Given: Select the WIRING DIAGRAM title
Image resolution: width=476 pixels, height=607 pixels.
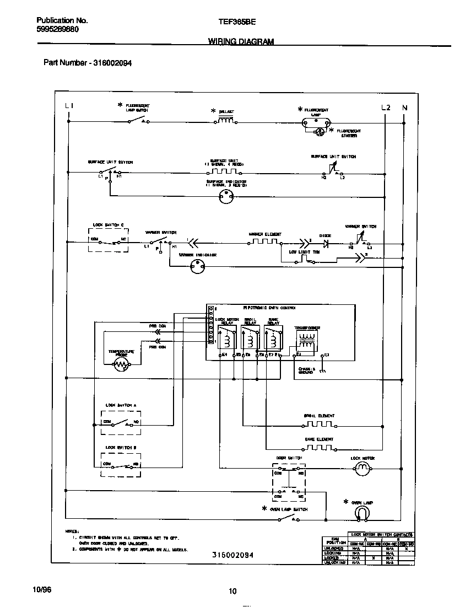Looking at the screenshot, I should point(241,41).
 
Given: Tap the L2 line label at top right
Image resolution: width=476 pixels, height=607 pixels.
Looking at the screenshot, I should point(386,108).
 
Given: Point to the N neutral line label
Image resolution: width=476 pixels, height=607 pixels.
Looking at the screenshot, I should point(404,108).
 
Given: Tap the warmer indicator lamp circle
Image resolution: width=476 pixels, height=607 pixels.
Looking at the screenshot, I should point(197,266).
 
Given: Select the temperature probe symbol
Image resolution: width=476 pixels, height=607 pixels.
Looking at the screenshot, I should point(121,364).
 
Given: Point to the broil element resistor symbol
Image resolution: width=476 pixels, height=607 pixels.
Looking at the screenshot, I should point(318,425).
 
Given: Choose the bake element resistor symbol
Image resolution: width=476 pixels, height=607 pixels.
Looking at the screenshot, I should point(318,447).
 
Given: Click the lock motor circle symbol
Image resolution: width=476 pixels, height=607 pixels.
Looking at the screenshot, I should point(362,469).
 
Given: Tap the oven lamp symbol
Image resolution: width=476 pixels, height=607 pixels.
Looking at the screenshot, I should point(361,513).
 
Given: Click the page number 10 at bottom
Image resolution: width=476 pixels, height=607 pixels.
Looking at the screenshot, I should point(232,591).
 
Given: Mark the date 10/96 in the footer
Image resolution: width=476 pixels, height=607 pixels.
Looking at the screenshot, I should point(42,590).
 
